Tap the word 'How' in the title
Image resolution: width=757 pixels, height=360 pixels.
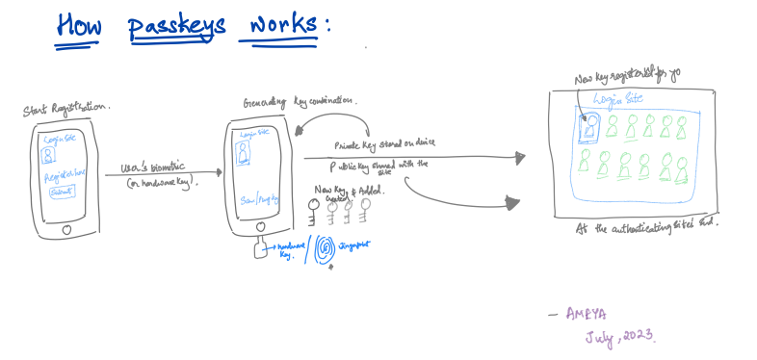(x=80, y=25)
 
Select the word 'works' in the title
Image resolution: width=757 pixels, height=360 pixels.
(x=277, y=25)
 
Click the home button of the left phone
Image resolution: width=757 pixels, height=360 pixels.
(x=65, y=230)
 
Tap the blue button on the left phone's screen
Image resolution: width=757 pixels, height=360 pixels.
(x=62, y=193)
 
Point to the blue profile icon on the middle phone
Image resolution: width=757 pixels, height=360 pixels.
(x=245, y=153)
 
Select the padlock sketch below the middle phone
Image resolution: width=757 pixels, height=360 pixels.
(x=263, y=250)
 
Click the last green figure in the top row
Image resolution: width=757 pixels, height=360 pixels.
(x=682, y=127)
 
